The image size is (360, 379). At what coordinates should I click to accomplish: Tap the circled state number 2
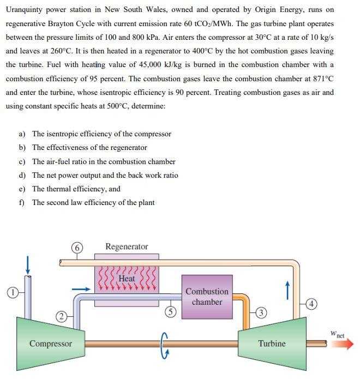[62, 315]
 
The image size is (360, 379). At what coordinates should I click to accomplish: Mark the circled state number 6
[77, 247]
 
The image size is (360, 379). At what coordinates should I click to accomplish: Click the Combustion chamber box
[207, 297]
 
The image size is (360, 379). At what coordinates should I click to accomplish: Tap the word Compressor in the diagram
[50, 344]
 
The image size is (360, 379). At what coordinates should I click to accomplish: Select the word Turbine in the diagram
[272, 344]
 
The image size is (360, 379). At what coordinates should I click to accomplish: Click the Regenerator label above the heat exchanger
[127, 247]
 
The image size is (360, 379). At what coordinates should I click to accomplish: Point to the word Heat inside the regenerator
[127, 279]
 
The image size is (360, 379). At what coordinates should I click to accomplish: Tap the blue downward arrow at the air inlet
[25, 267]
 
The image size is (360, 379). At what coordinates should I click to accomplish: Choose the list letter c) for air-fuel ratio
[22, 161]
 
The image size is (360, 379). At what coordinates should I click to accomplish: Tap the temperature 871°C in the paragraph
[322, 79]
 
